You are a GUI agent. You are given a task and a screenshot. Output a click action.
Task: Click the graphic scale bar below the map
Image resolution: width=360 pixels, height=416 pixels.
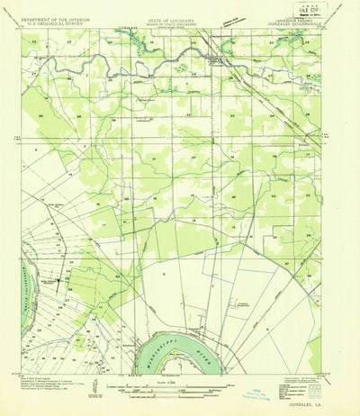click(180, 391)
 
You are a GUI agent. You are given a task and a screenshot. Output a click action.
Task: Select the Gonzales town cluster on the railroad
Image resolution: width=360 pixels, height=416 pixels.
click(214, 61)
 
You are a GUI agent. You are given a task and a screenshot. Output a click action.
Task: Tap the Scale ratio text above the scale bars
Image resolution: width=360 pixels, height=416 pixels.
click(180, 384)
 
